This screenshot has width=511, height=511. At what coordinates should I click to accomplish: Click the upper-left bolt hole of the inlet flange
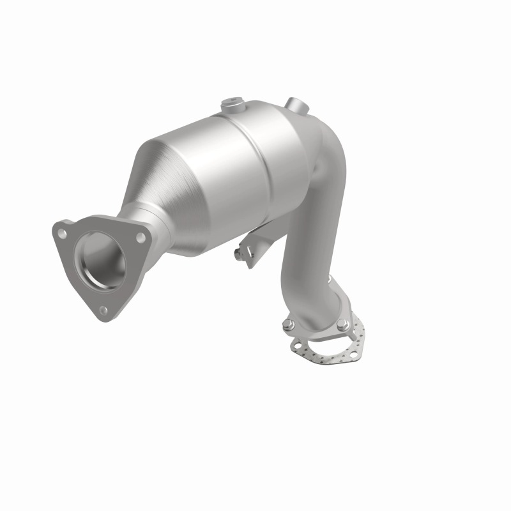click(63, 234)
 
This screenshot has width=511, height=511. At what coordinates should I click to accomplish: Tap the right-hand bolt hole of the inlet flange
click(140, 237)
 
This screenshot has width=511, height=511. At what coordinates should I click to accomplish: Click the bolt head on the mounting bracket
click(238, 256)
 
